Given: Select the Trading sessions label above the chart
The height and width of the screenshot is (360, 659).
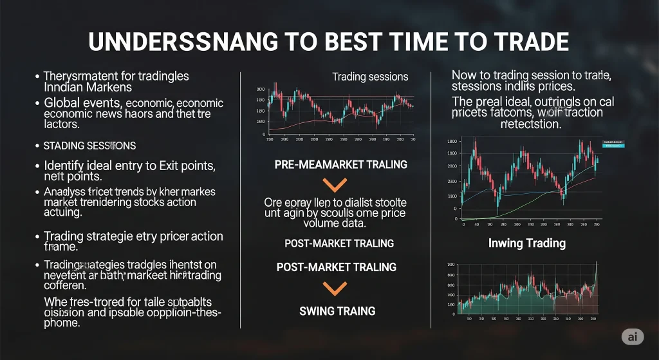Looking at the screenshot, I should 370,77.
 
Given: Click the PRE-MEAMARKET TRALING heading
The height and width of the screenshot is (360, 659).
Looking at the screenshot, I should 340,164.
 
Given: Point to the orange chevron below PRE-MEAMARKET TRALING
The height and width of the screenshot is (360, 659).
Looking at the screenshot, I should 333,185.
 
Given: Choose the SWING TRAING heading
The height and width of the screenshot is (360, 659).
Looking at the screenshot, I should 337,311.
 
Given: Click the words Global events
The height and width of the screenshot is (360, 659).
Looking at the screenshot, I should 81,103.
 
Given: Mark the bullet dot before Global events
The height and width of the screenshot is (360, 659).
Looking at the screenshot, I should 37,104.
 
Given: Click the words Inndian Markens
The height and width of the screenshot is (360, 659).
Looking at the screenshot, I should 88,87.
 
